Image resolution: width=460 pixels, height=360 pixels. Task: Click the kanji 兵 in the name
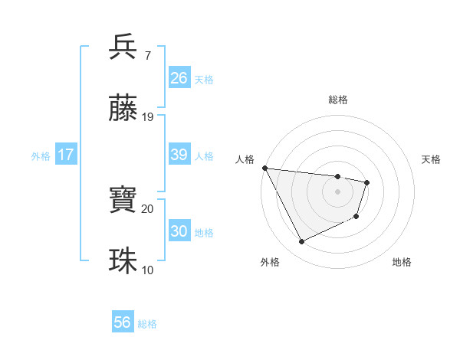click(123, 47)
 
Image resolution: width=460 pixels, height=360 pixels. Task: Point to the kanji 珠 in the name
click(123, 260)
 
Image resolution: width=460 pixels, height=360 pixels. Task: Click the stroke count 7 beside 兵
click(147, 57)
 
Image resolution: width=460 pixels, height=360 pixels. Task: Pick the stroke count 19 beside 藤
click(148, 117)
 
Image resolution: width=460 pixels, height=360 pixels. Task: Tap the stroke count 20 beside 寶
click(148, 208)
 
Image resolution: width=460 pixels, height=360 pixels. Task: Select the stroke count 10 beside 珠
click(148, 270)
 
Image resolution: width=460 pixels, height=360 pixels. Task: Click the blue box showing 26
click(179, 77)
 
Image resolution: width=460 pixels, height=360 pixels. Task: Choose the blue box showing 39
click(179, 155)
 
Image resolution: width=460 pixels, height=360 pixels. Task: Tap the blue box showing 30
click(179, 231)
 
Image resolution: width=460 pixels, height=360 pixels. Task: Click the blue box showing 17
click(66, 155)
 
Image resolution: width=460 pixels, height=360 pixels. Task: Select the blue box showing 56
click(123, 322)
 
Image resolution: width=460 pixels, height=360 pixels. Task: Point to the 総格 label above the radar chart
click(338, 100)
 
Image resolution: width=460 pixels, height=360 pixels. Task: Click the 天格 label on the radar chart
click(431, 159)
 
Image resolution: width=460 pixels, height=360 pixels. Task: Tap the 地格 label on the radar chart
click(402, 262)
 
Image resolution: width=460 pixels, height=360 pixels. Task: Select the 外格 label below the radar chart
click(270, 262)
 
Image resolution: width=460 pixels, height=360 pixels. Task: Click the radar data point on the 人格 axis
click(264, 169)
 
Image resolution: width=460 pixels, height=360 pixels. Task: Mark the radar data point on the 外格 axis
click(301, 242)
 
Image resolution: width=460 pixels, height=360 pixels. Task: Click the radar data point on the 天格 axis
click(368, 182)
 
